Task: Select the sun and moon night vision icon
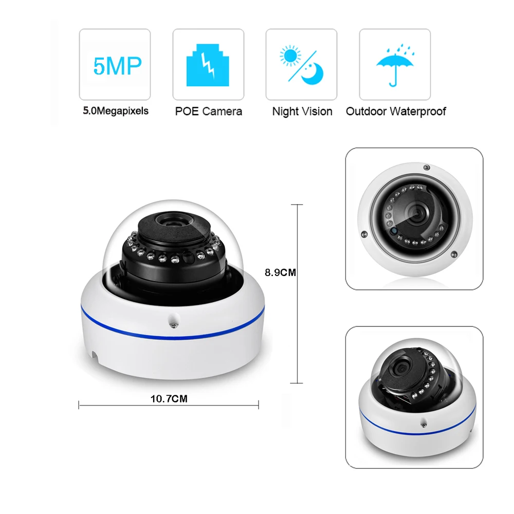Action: tap(301, 64)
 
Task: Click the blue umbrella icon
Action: tap(394, 64)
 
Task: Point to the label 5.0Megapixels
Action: tap(116, 111)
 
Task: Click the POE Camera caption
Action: tap(208, 111)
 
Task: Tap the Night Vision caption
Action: tap(302, 111)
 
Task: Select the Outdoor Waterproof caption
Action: tap(396, 111)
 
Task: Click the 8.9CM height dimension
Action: tap(280, 272)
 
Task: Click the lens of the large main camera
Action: tap(172, 222)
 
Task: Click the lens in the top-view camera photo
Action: tap(417, 211)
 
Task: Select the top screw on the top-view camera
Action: tap(426, 168)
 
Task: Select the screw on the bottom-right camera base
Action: tap(424, 425)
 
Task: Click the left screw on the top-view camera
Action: tap(363, 234)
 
